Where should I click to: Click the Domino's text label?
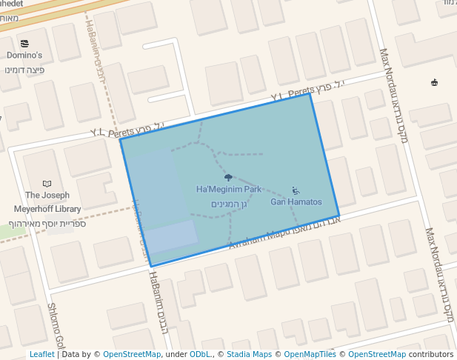click(24, 56)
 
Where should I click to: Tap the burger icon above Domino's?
click(25, 44)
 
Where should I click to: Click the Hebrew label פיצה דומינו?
click(24, 70)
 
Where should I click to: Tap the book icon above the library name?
click(47, 184)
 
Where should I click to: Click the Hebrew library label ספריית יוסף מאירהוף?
click(47, 223)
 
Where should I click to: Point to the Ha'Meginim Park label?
click(228, 190)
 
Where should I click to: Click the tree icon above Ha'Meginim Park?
click(228, 178)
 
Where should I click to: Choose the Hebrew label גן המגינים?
click(228, 204)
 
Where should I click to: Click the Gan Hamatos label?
click(296, 201)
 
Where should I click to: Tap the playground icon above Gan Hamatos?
click(296, 190)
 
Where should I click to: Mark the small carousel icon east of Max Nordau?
click(434, 82)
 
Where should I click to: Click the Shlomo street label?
click(56, 326)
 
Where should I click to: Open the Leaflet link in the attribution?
click(42, 354)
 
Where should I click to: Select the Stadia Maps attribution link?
click(249, 354)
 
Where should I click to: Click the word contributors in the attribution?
click(431, 354)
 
